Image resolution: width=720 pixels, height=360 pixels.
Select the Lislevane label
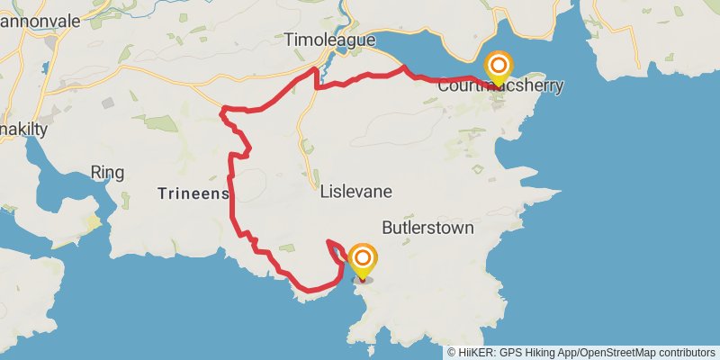point(356,192)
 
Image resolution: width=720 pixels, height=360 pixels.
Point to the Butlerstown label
point(427,228)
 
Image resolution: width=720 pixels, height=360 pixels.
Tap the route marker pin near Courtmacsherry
point(498,67)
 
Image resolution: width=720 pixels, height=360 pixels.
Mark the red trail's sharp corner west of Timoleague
point(223,110)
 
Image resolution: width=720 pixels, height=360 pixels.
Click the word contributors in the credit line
point(686,352)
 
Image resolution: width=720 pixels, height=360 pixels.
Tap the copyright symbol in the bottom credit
point(452,352)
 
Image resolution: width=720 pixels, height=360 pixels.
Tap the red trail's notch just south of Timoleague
point(317,81)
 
